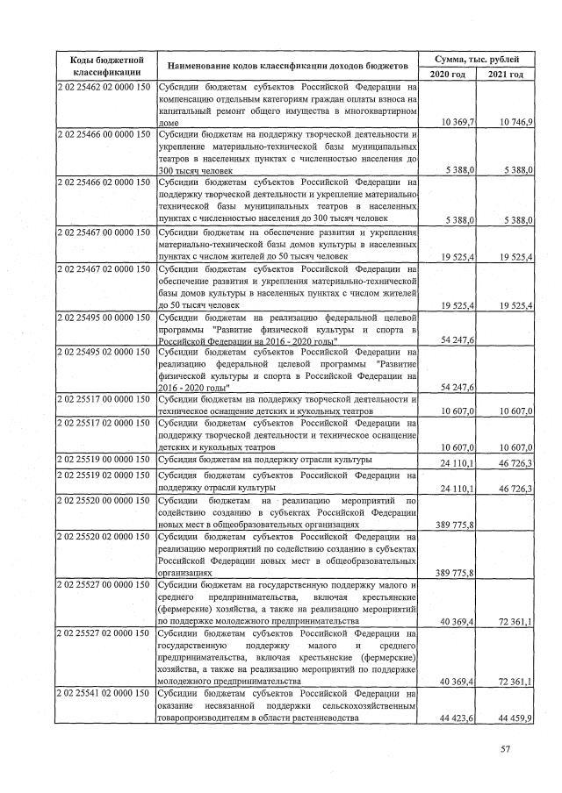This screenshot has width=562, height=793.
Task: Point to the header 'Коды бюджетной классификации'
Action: point(105,66)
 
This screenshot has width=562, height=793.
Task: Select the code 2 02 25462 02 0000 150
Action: point(104,88)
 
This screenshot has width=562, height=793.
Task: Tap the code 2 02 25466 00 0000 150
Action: point(104,134)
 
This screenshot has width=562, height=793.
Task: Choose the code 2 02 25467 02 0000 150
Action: point(104,268)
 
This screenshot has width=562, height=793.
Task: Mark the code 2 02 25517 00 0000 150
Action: point(104,399)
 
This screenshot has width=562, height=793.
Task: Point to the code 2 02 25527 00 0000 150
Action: point(104,584)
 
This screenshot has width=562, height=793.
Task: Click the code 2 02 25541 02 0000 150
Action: point(104,692)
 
